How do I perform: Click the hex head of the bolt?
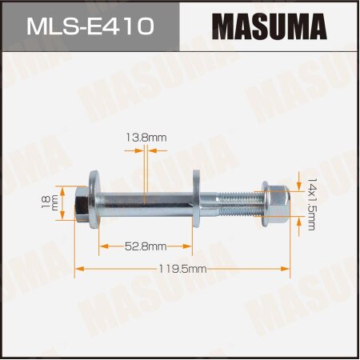tap(83, 206)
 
